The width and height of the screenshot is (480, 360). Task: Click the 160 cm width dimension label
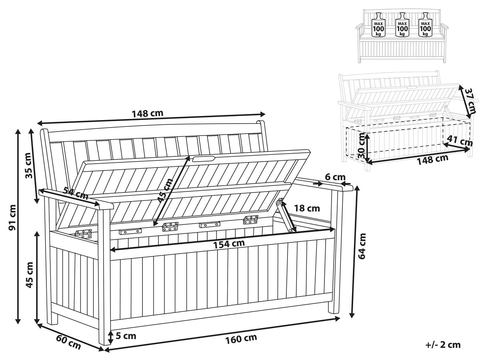click(241, 339)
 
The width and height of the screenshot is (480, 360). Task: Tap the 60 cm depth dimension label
click(68, 342)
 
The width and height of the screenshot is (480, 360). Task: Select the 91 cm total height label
click(12, 218)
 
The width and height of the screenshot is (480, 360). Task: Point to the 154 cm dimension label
click(229, 244)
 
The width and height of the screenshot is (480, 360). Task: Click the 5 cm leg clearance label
click(126, 336)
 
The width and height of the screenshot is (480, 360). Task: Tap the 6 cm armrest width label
click(335, 177)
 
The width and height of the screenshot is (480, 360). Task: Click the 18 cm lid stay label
click(307, 208)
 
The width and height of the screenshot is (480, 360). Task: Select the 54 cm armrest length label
click(76, 194)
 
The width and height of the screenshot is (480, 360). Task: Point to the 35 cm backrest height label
click(29, 166)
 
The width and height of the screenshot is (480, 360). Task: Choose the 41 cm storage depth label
click(460, 141)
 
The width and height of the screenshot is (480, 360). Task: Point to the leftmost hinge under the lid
click(83, 234)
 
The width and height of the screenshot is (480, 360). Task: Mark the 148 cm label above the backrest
click(148, 113)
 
